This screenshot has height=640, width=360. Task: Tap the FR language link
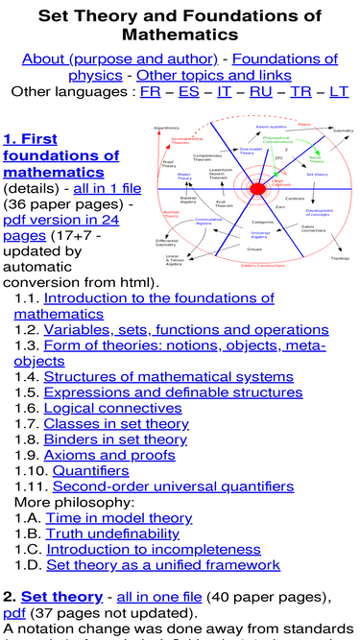(x=150, y=92)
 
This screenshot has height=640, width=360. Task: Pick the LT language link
(x=339, y=92)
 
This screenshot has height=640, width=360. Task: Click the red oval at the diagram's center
(x=257, y=190)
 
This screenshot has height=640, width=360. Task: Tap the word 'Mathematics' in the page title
(x=180, y=34)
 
